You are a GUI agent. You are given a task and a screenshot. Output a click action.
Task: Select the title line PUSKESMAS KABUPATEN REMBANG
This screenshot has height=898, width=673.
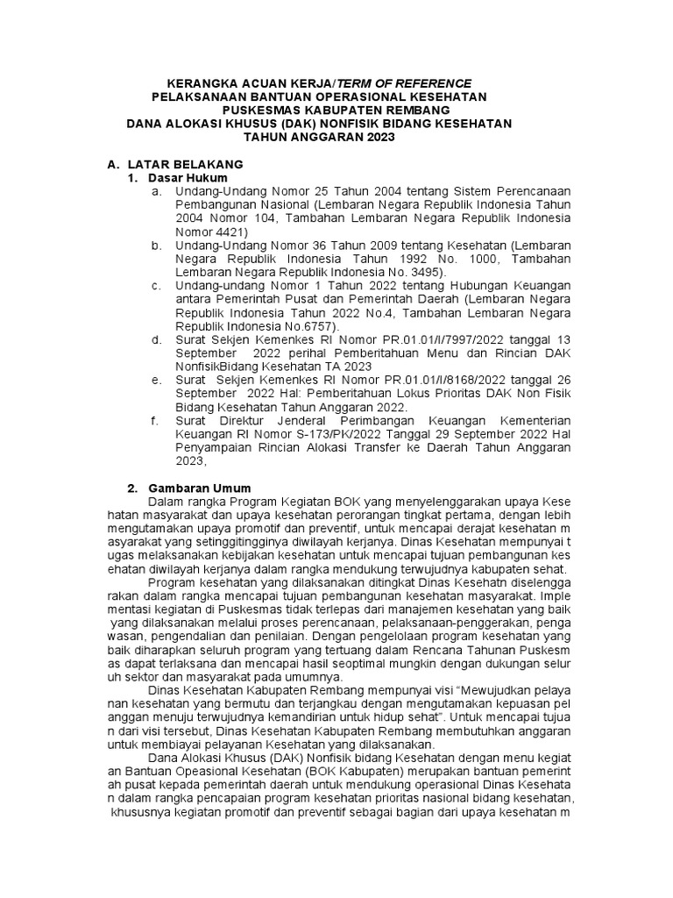tap(323, 110)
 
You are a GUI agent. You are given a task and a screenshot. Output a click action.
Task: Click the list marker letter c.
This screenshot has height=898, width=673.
tap(155, 286)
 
